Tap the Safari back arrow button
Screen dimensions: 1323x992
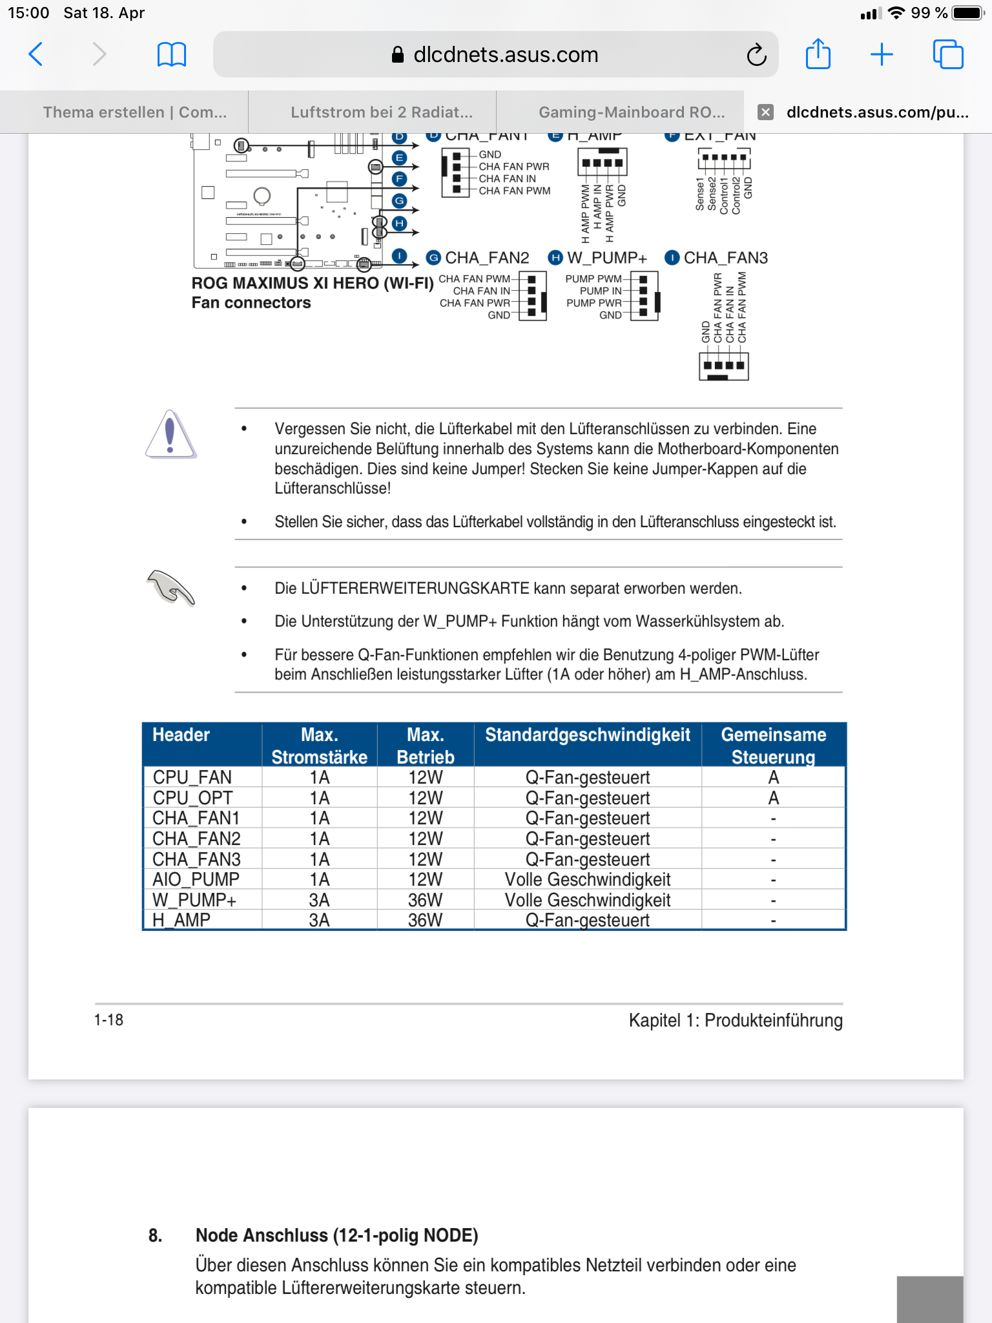(x=36, y=54)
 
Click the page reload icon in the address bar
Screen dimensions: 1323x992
(x=756, y=56)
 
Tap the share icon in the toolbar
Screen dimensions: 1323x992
(x=818, y=54)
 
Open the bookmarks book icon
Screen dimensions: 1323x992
(x=172, y=54)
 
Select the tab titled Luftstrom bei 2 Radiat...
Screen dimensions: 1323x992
(x=381, y=112)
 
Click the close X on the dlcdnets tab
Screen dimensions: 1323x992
(x=765, y=112)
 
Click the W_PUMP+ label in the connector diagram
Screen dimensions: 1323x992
(x=606, y=258)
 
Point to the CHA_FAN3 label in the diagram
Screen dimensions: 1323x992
(x=725, y=258)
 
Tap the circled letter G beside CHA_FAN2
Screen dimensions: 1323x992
(x=433, y=258)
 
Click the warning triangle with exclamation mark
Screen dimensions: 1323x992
(x=170, y=435)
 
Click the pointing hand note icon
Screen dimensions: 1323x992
(x=170, y=587)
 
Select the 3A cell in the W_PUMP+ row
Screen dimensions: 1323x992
(x=319, y=900)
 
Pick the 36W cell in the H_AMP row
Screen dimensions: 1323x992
(x=425, y=920)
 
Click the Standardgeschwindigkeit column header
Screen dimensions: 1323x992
(x=587, y=735)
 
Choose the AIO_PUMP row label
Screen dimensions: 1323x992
(x=196, y=879)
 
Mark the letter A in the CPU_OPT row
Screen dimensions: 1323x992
(x=773, y=798)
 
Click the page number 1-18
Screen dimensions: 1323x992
(x=108, y=1020)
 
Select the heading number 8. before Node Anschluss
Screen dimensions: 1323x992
(x=155, y=1236)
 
